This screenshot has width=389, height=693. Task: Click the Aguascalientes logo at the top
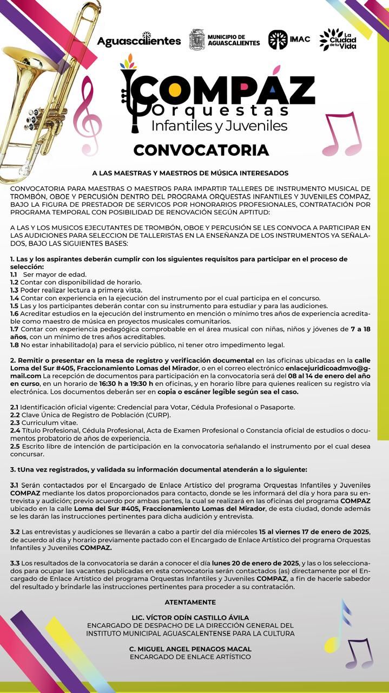139,41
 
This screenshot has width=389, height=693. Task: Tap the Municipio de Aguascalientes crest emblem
196,40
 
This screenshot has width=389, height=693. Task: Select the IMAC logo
278,40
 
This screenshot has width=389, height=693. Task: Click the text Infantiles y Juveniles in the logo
219,126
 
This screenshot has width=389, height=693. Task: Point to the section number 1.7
15,329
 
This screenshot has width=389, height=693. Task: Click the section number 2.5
15,446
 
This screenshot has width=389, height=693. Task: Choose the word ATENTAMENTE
190,602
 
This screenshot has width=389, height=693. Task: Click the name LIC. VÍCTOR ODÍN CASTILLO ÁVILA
190,618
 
